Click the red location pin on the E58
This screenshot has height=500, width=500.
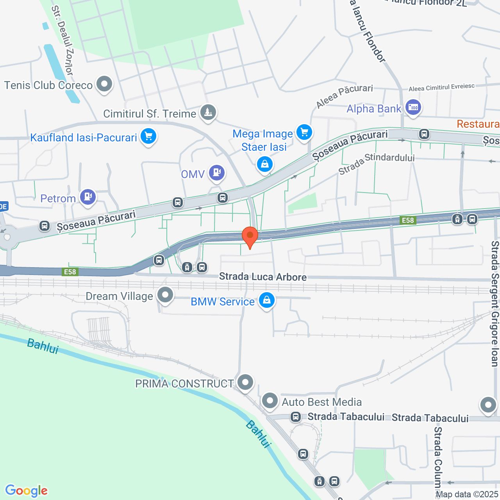(x=250, y=236)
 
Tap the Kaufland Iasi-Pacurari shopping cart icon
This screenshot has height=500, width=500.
(x=148, y=136)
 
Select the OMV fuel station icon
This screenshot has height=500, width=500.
(x=217, y=172)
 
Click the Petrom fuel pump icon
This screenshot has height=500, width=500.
(x=88, y=196)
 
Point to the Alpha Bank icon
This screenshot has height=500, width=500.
(x=413, y=107)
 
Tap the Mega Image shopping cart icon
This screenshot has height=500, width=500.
(x=304, y=132)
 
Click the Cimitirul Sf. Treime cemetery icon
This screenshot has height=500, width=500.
(x=208, y=112)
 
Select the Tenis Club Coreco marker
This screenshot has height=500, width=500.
(x=104, y=84)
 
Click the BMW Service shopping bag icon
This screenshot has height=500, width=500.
(x=266, y=300)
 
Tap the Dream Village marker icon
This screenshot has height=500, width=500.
(x=165, y=295)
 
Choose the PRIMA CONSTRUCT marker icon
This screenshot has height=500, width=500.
(x=245, y=382)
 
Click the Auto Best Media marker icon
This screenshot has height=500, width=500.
(x=270, y=401)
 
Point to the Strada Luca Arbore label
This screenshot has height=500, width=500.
(x=262, y=277)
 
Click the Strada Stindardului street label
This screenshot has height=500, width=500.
(x=376, y=163)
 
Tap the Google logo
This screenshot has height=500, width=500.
(x=26, y=491)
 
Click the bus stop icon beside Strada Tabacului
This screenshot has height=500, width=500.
(x=296, y=417)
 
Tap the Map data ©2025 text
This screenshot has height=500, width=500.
(x=467, y=495)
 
